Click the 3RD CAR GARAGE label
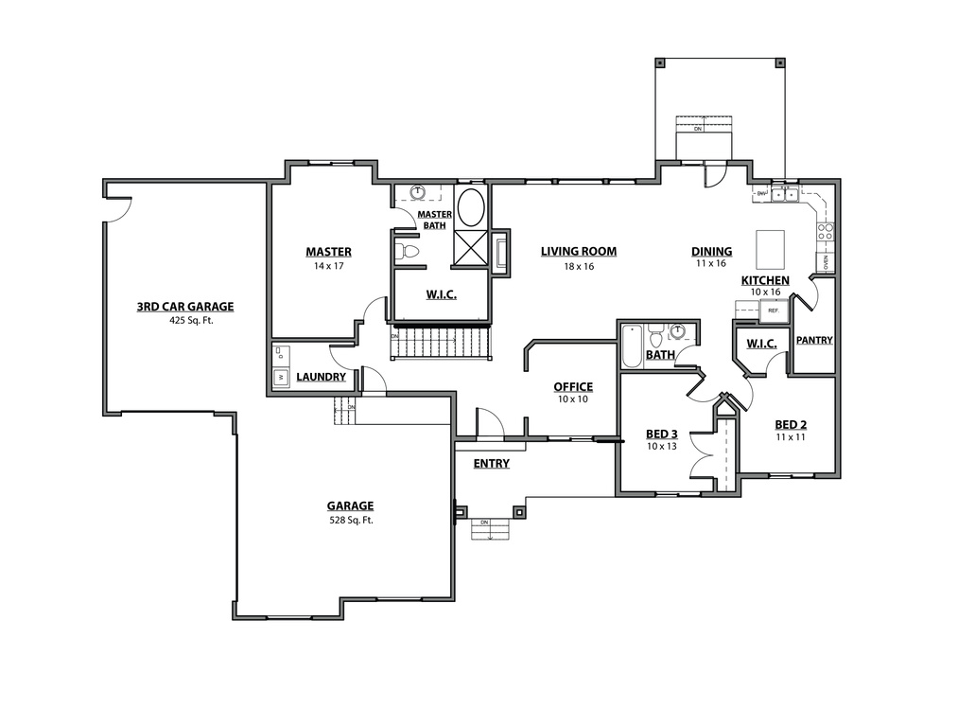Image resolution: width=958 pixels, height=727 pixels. point(184,307)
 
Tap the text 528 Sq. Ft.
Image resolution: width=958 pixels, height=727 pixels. point(350,520)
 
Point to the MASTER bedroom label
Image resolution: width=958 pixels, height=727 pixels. point(328,252)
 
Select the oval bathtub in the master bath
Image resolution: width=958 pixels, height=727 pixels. point(470,207)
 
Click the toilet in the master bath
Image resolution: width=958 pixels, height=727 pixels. point(408,252)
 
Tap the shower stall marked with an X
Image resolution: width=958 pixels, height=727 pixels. point(470,249)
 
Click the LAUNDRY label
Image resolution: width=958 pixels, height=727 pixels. point(321,377)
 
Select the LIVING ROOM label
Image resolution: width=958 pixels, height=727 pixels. point(578,252)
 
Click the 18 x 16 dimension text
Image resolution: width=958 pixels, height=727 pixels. point(578,267)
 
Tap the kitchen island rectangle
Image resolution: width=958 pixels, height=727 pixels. point(770,249)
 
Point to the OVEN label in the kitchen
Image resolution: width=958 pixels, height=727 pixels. point(825,260)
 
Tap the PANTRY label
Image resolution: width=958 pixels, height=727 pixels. point(813,340)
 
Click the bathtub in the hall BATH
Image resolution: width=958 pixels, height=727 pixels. point(632,347)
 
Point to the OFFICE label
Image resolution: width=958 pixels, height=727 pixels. point(573,386)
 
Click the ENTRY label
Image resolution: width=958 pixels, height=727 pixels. point(492,464)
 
